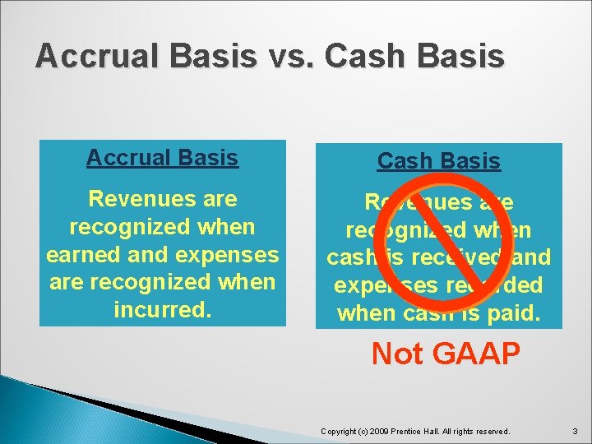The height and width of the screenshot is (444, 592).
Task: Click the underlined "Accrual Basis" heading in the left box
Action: coord(162,157)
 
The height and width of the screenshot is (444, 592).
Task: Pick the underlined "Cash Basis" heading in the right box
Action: coord(438,161)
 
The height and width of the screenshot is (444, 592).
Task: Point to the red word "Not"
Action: coord(398,354)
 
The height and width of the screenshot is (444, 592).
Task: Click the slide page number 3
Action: coord(576,431)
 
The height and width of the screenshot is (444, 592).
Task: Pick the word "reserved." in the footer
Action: coord(491,431)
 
